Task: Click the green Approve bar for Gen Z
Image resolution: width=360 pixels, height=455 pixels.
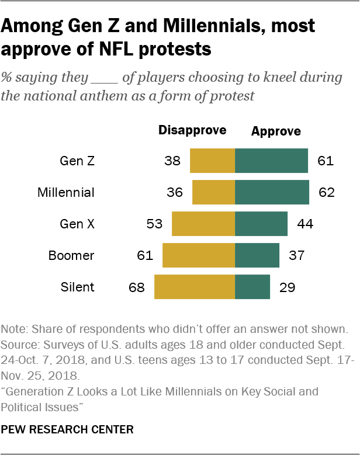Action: point(271,161)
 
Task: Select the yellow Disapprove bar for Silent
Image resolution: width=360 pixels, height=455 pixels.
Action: point(194,287)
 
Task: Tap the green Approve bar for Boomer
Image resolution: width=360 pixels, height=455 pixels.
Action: point(257,255)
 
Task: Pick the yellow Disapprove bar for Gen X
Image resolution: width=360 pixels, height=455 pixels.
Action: point(203,224)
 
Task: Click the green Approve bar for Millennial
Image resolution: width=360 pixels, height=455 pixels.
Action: point(272,192)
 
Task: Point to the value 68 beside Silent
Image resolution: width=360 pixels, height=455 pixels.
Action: point(136,287)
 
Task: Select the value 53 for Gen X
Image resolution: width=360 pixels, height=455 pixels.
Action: point(154,224)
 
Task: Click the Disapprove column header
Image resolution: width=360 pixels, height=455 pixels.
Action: point(192,130)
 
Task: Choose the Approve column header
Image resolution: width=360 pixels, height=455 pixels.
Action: point(276,131)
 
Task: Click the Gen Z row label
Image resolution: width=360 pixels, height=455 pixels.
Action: point(77,161)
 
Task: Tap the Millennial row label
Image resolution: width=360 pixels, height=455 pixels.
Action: point(65,192)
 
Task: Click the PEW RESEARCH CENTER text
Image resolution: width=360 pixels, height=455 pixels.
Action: point(67,429)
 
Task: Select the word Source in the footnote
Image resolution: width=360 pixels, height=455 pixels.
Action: point(19,342)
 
